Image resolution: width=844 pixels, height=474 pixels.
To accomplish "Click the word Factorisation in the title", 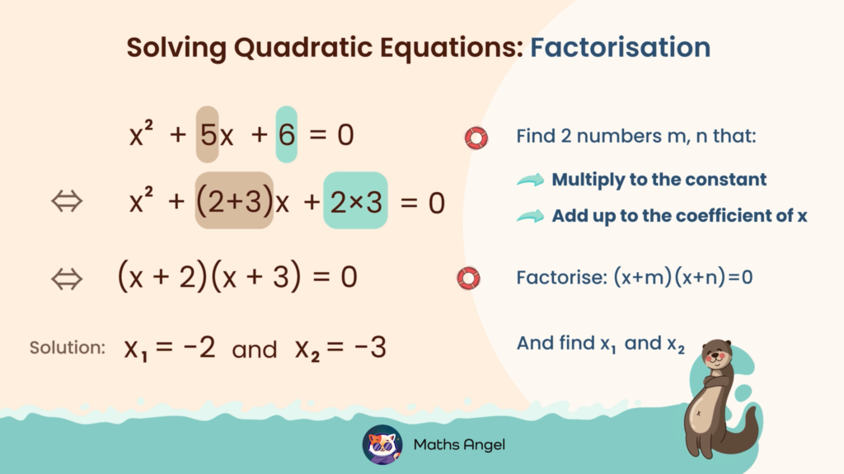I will pyautogui.click(x=620, y=48).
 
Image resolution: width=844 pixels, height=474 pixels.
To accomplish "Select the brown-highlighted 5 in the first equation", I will pyautogui.click(x=207, y=134).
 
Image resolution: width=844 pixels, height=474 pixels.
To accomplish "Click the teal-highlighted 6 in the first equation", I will pyautogui.click(x=286, y=134).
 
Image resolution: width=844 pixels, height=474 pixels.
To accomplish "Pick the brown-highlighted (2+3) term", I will pyautogui.click(x=234, y=200).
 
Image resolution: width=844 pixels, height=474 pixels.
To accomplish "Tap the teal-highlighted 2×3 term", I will pyautogui.click(x=355, y=200).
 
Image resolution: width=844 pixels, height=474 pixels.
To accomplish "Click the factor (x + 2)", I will pyautogui.click(x=161, y=278).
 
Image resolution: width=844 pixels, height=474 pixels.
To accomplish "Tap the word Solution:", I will pyautogui.click(x=68, y=348).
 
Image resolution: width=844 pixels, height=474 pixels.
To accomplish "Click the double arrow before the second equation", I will pyautogui.click(x=67, y=201).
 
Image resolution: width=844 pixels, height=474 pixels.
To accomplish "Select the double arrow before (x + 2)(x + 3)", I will pyautogui.click(x=67, y=279).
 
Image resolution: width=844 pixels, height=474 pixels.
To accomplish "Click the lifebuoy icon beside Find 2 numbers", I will pyautogui.click(x=476, y=137).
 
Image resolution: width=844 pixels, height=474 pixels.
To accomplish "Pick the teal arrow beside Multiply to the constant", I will pyautogui.click(x=531, y=180).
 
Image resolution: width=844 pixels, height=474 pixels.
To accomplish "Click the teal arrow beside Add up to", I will pyautogui.click(x=531, y=216).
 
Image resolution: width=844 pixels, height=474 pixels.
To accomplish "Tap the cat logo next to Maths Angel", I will pyautogui.click(x=382, y=444).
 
